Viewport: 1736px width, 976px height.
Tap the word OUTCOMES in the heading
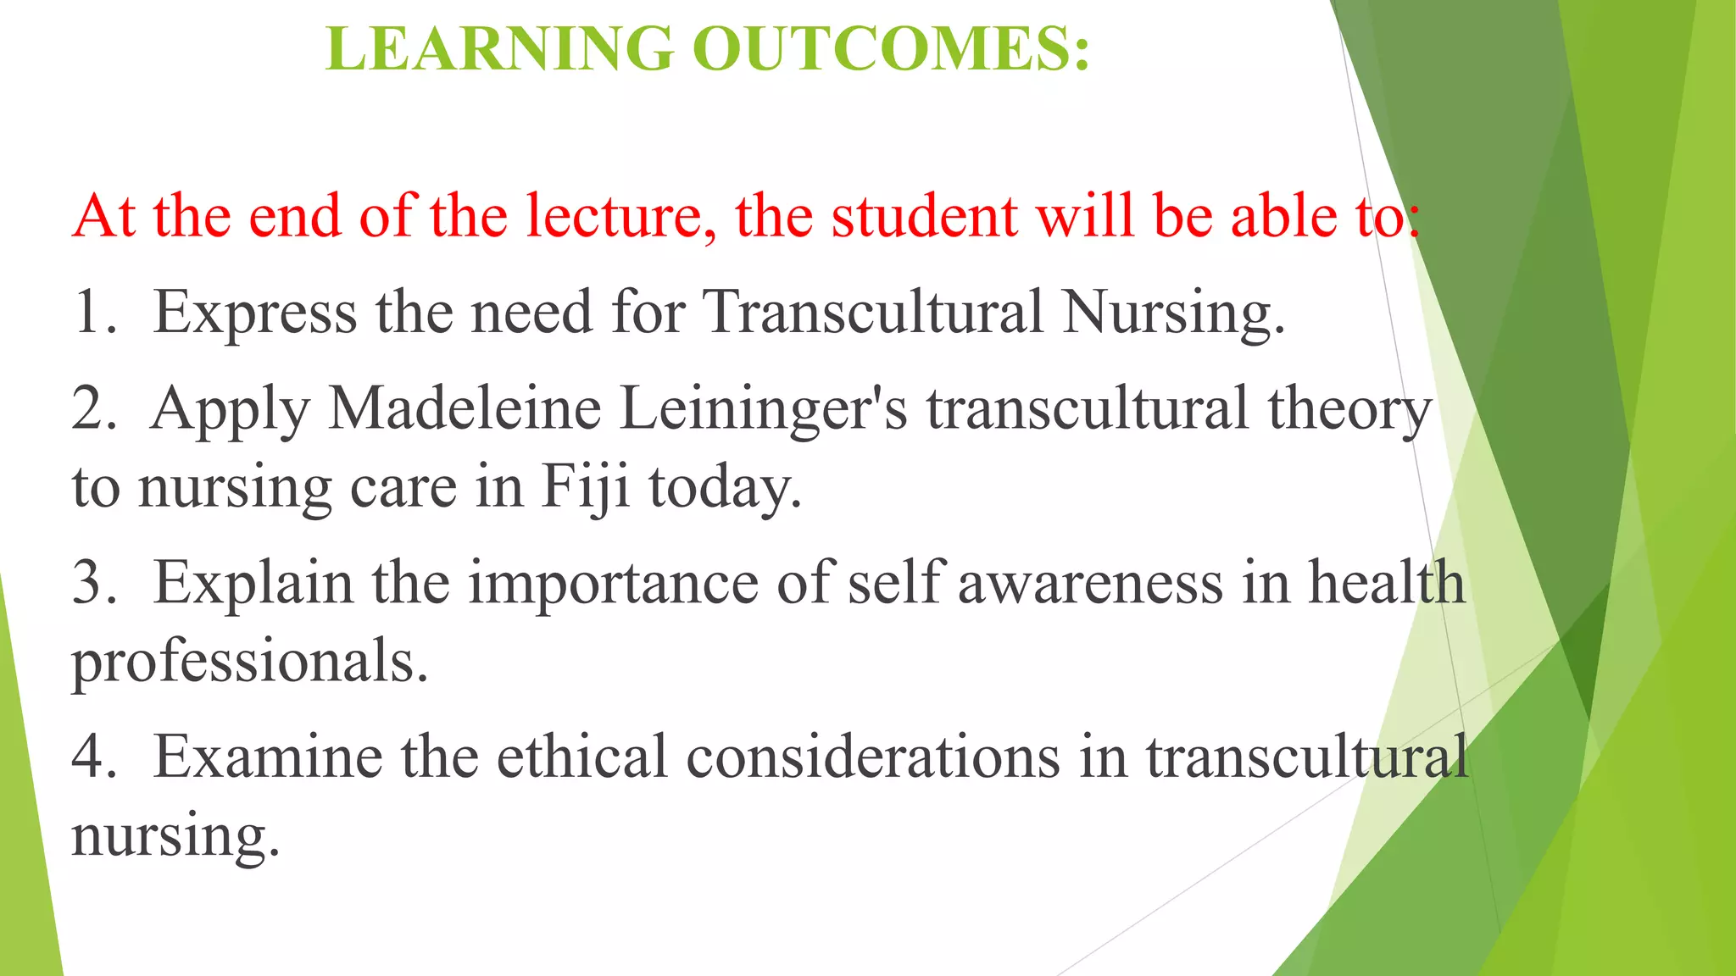coord(890,48)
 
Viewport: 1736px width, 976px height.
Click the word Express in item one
coord(254,313)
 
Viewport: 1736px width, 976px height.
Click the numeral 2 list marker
coord(91,409)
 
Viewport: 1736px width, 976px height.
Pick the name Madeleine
coord(465,409)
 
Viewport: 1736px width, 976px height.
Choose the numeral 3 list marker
coord(91,584)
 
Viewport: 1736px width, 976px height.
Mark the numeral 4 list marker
coord(91,757)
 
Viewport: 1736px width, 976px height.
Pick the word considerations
coord(873,757)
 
